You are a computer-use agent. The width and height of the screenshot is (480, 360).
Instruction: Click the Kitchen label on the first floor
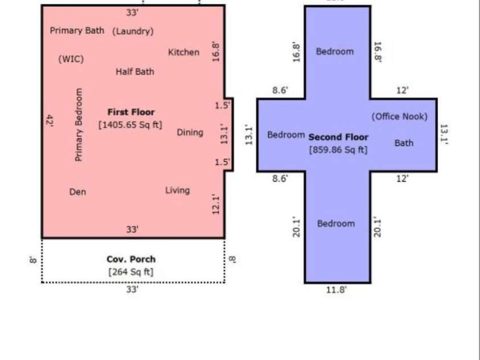(184, 52)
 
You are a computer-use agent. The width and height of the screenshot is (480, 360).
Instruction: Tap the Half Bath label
(135, 72)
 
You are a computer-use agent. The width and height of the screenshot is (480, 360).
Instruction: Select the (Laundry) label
(133, 31)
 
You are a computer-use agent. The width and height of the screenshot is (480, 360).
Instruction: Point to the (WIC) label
(71, 59)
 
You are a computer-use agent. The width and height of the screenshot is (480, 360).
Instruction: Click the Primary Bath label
(77, 31)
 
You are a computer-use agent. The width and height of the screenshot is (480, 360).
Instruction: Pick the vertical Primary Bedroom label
(79, 125)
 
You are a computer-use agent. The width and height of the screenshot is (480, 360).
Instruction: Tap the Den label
(78, 192)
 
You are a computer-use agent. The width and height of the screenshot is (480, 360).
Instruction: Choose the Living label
(178, 190)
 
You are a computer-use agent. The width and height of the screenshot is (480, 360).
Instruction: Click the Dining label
(190, 133)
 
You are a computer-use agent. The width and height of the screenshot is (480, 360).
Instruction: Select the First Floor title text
(131, 112)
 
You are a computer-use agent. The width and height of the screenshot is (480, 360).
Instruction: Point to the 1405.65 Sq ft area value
(130, 125)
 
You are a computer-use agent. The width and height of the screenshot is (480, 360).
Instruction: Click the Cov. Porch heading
(131, 259)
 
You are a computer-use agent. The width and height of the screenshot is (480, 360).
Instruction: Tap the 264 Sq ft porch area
(131, 272)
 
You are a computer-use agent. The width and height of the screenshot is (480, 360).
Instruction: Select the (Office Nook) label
(400, 116)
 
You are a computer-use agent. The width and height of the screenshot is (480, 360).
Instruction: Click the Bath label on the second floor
(404, 143)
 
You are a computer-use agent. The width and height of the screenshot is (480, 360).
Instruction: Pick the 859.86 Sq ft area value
(338, 150)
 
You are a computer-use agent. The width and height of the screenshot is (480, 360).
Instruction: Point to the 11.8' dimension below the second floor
(336, 289)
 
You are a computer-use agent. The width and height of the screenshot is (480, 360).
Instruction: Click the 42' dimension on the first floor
(50, 121)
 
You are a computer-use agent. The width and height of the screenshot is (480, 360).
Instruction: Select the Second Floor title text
(338, 137)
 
